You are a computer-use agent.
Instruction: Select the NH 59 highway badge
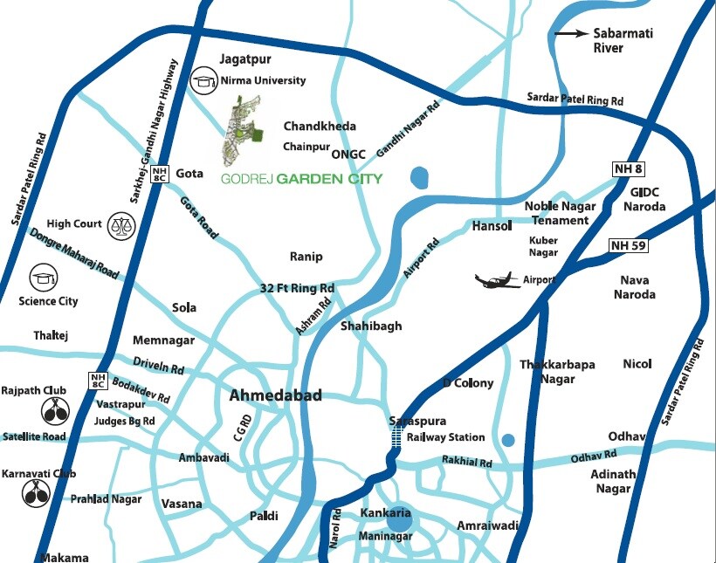(629, 246)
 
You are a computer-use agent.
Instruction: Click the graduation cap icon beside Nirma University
(204, 81)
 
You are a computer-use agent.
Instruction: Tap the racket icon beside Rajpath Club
(55, 410)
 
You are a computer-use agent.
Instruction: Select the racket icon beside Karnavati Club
(36, 493)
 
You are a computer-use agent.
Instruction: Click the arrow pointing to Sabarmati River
(571, 34)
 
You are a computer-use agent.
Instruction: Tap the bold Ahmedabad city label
(275, 395)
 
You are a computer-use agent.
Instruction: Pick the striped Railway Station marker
(397, 439)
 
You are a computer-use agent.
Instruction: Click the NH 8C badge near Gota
(159, 174)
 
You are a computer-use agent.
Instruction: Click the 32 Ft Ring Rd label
(297, 288)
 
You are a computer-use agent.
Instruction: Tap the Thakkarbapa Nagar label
(547, 372)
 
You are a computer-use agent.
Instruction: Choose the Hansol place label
(491, 225)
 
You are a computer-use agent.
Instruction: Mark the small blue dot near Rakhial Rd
(508, 439)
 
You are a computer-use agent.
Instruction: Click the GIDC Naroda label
(645, 199)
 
